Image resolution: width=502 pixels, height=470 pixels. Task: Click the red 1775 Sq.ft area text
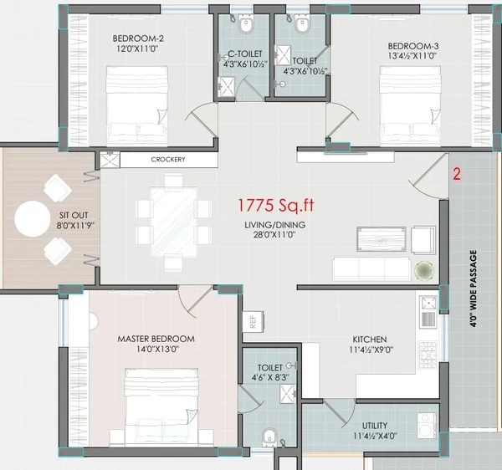tap(275, 206)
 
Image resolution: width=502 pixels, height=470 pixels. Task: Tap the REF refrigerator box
tap(253, 321)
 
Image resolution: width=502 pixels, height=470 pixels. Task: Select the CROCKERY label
tap(168, 160)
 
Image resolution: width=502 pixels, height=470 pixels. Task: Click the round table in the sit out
tap(33, 219)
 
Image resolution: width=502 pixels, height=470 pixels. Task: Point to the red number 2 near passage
tap(457, 174)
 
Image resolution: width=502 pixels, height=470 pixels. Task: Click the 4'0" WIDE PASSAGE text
tap(474, 289)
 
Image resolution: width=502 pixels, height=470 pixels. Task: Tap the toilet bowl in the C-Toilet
tap(246, 25)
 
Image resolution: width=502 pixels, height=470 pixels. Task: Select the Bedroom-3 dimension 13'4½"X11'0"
tap(412, 56)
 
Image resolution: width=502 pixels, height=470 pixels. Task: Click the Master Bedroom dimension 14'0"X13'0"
tap(157, 349)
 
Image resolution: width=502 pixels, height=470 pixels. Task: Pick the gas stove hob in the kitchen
tap(428, 355)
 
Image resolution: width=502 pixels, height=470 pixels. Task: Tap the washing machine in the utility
tap(427, 426)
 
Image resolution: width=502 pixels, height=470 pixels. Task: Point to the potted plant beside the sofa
tap(424, 271)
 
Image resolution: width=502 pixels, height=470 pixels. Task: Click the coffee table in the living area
tap(382, 239)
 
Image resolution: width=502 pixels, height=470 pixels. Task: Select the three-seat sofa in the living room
tap(371, 268)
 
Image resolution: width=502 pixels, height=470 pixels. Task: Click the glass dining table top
tap(174, 222)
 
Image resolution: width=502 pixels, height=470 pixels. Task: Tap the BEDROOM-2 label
tap(138, 38)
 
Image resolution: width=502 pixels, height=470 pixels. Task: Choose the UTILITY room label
tap(375, 426)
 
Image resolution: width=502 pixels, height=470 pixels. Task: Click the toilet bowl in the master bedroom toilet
tap(269, 437)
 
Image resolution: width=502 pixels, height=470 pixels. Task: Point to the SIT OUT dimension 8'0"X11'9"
tap(75, 226)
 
